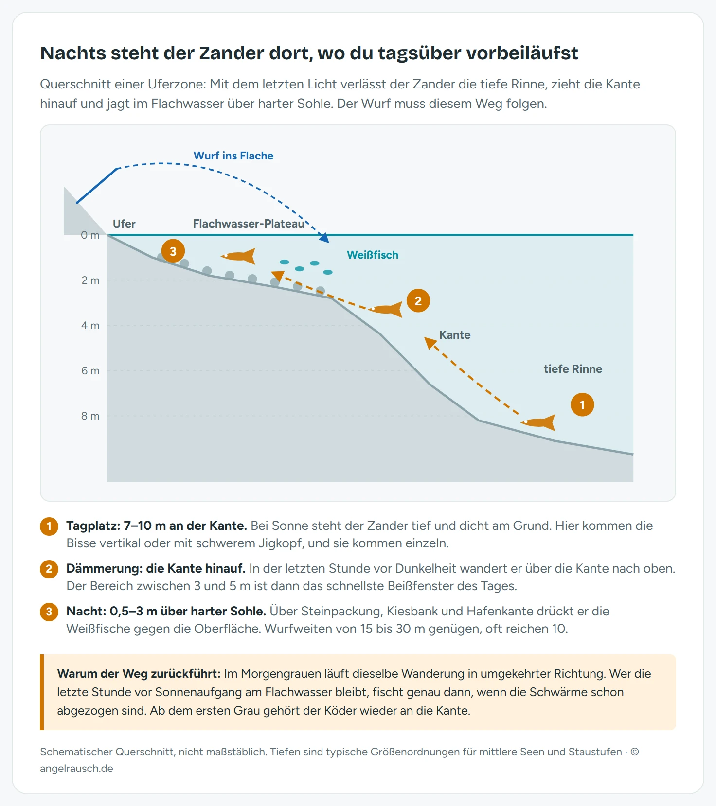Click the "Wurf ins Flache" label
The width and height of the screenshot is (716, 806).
pyautogui.click(x=233, y=156)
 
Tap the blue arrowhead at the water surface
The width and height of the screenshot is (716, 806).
pyautogui.click(x=324, y=238)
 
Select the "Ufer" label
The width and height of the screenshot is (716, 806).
pyautogui.click(x=124, y=224)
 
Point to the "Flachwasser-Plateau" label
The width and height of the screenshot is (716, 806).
pyautogui.click(x=249, y=224)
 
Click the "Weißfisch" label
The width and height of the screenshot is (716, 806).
pyautogui.click(x=373, y=255)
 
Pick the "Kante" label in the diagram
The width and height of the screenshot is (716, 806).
pyautogui.click(x=455, y=335)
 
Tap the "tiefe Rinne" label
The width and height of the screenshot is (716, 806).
pyautogui.click(x=573, y=369)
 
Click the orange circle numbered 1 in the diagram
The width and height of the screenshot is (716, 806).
pyautogui.click(x=582, y=404)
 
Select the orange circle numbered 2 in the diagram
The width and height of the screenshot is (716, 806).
pyautogui.click(x=418, y=300)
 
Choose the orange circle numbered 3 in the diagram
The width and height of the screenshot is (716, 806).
pyautogui.click(x=173, y=251)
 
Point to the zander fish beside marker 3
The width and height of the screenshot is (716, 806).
pyautogui.click(x=238, y=256)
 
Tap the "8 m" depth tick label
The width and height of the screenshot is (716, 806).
pyautogui.click(x=90, y=416)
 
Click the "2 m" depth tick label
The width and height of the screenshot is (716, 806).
pyautogui.click(x=90, y=280)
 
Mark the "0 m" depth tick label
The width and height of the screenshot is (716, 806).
pyautogui.click(x=90, y=235)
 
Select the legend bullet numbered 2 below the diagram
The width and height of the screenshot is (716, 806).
pyautogui.click(x=49, y=569)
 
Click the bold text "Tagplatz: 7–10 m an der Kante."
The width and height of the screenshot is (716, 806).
pyautogui.click(x=157, y=526)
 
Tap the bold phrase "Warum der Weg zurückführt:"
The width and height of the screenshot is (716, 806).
pyautogui.click(x=139, y=673)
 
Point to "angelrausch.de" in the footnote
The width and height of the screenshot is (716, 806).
pyautogui.click(x=77, y=769)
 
